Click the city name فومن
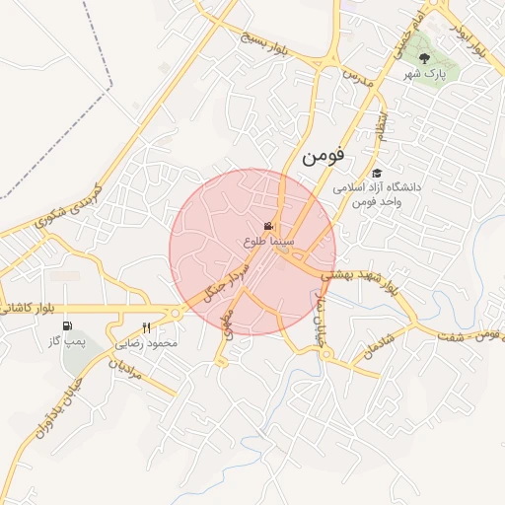coord(326,156)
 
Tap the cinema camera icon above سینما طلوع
coord(269,227)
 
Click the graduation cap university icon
coord(377,174)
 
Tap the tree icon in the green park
coord(424,58)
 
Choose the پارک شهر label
coord(424,74)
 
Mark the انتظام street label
coord(382,126)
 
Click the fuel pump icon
coord(67,326)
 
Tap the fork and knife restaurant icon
coord(147,328)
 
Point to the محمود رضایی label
coord(147,343)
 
